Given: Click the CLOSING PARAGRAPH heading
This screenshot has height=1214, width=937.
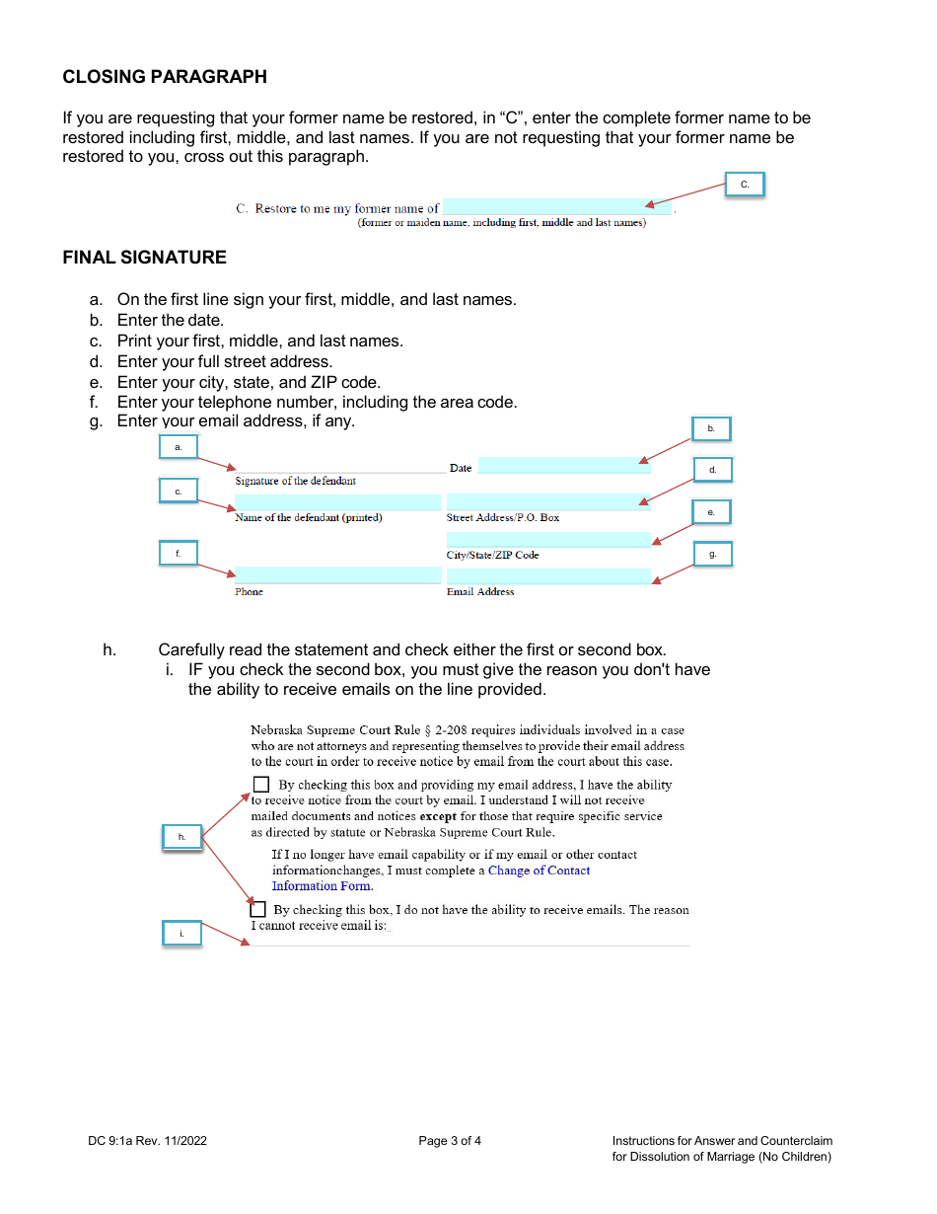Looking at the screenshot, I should (165, 77).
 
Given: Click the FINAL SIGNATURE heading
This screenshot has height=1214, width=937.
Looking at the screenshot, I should (144, 258).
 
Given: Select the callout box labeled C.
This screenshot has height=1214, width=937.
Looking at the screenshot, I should (745, 185).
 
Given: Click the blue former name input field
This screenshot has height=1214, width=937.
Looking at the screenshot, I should (556, 207).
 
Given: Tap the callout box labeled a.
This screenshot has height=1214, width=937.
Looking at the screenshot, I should (179, 447).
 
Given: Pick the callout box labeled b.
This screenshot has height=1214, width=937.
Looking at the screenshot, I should (711, 428).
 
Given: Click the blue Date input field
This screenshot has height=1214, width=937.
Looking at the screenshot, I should (564, 466).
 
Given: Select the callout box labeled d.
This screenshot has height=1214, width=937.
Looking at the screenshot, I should (712, 470).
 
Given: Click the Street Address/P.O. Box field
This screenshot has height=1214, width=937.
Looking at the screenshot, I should (548, 502).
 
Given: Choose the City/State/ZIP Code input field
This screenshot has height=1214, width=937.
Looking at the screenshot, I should (548, 540).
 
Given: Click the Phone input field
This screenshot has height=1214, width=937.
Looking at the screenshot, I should (337, 575).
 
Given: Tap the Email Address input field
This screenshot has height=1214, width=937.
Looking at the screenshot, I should (548, 576).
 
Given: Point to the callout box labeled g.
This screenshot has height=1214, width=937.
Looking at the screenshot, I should (712, 555).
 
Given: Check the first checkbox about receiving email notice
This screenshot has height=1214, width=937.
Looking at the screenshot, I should (261, 785).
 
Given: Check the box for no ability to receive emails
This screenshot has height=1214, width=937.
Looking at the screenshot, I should (258, 909).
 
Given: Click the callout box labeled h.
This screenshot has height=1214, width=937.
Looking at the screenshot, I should (181, 837).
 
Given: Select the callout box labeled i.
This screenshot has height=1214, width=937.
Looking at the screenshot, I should (181, 934).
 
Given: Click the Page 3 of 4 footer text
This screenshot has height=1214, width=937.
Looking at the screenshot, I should (450, 1141).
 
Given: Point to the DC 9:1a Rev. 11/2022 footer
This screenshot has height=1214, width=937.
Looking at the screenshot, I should (147, 1141).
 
